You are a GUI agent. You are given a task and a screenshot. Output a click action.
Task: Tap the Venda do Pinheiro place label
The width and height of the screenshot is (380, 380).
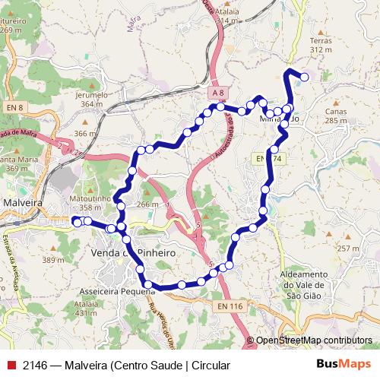(x=133, y=252)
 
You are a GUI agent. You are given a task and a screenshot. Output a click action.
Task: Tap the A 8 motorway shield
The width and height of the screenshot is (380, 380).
(x=218, y=92)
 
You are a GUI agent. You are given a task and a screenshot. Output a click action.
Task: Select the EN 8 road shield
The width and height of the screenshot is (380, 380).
(x=14, y=109)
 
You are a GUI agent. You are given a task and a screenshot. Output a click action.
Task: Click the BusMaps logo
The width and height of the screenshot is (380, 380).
(x=343, y=365)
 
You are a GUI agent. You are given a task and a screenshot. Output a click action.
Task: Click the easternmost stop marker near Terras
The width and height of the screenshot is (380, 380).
(x=305, y=76)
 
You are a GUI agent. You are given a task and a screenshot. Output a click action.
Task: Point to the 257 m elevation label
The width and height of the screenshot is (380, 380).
(x=349, y=249)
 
